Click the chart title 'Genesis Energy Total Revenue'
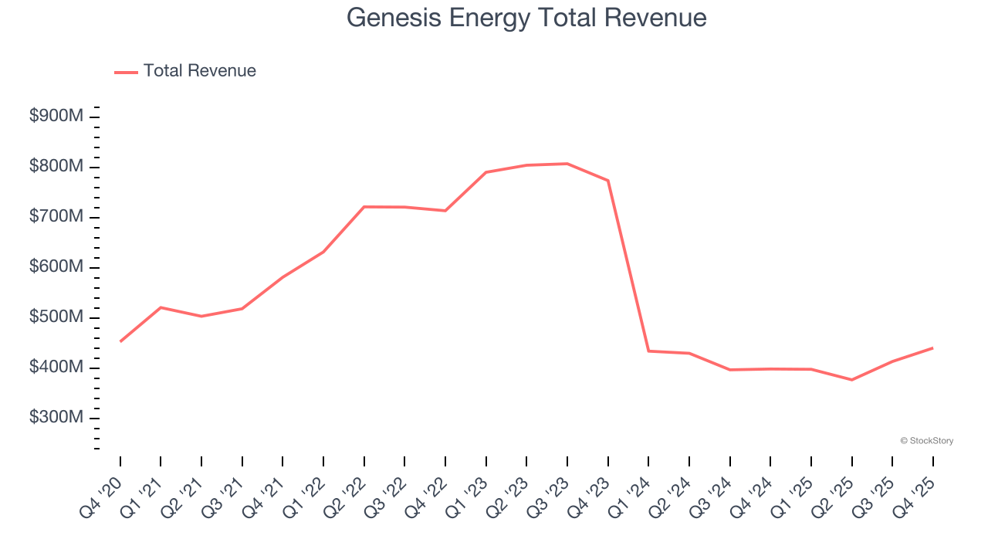(526, 18)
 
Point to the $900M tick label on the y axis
(56, 117)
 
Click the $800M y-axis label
(56, 167)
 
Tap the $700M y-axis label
(56, 217)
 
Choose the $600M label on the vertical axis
(56, 267)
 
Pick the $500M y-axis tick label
(56, 317)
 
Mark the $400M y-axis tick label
(56, 368)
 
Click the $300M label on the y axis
(56, 418)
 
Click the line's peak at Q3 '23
(567, 164)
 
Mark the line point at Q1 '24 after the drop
(648, 351)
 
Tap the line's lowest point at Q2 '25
(851, 380)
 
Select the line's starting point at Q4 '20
(120, 341)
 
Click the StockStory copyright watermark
(926, 441)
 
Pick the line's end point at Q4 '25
(932, 348)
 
